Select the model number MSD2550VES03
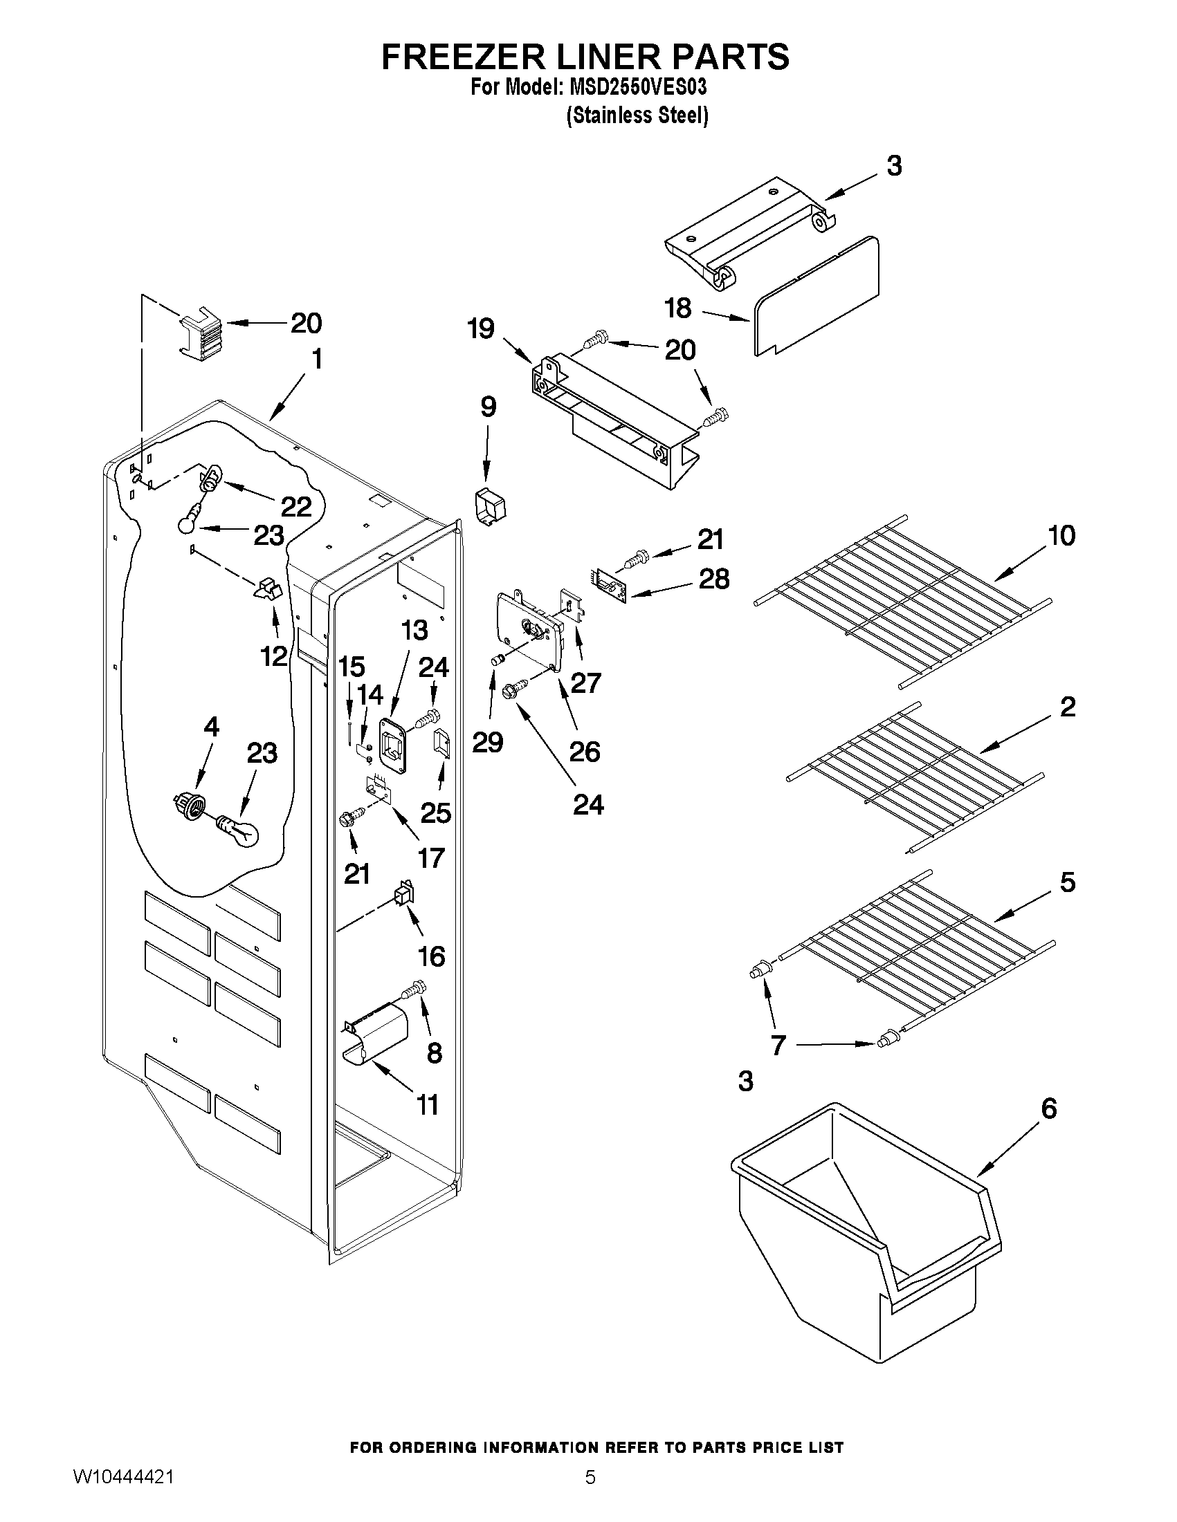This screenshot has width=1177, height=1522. [x=638, y=88]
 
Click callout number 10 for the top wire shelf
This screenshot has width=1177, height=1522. [x=1061, y=536]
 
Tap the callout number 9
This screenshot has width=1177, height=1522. [x=488, y=407]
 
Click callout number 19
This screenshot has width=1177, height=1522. [x=481, y=328]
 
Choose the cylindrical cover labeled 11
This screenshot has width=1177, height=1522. [x=377, y=1037]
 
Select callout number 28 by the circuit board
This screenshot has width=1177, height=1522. [x=713, y=579]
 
